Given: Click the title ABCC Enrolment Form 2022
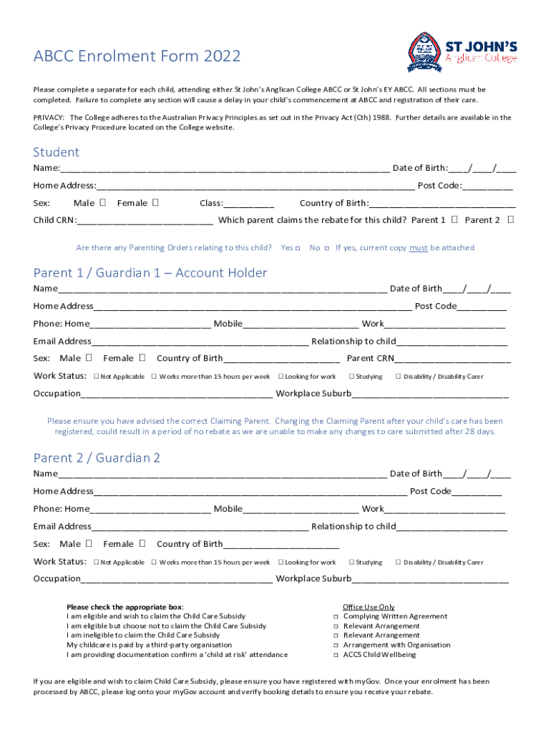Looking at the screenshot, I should (137, 56).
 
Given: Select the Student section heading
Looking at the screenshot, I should (57, 152).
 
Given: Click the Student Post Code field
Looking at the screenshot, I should (487, 186).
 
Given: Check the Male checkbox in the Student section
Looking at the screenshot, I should (103, 203).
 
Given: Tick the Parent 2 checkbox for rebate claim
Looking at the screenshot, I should (510, 219).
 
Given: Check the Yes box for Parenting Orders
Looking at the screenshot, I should (298, 248).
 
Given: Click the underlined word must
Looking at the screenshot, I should (419, 248).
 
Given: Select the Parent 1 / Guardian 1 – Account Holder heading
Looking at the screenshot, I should (150, 273).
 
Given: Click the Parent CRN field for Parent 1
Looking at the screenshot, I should (452, 359).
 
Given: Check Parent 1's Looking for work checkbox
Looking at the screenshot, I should (281, 376).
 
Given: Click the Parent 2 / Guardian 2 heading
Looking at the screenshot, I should (97, 458).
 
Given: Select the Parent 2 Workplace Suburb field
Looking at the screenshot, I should (430, 579).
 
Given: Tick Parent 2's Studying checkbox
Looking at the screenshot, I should (351, 563).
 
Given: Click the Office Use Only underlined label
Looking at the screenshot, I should (369, 607).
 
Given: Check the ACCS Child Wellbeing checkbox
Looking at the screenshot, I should (336, 655).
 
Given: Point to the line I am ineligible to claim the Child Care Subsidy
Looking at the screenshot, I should (143, 635).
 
